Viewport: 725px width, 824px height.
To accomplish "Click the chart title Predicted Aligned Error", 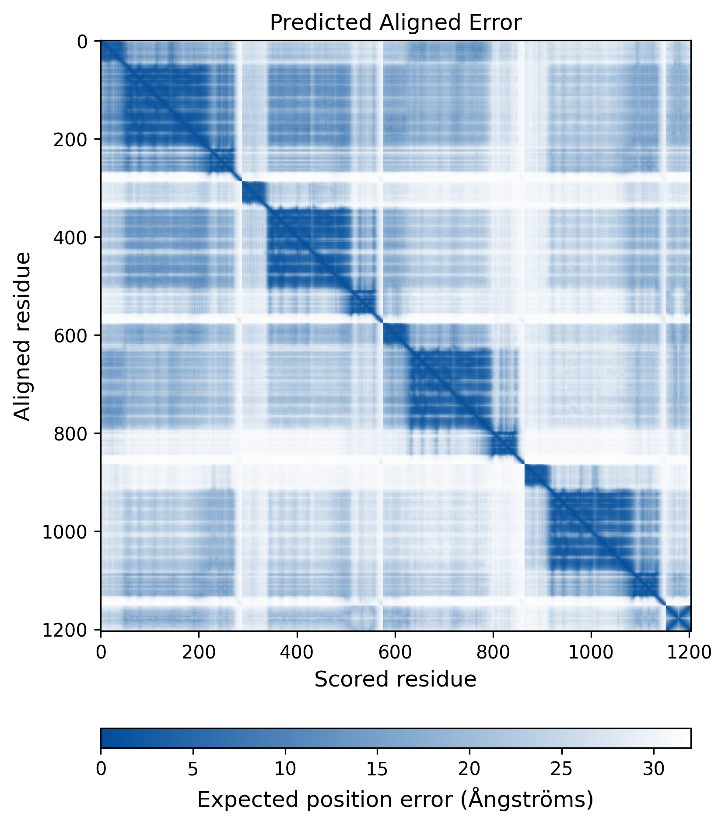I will (x=396, y=23).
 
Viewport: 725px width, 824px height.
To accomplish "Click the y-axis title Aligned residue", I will (x=22, y=336).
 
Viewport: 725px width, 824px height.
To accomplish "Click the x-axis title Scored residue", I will (x=395, y=680).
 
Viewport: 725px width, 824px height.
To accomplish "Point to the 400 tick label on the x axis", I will (x=297, y=652).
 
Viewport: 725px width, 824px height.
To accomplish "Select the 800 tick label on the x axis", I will (x=493, y=652).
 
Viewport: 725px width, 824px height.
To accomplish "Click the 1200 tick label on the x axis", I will (x=689, y=652).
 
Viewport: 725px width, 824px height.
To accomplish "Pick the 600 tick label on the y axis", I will (x=70, y=335).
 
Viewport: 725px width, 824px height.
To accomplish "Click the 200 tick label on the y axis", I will (x=70, y=139).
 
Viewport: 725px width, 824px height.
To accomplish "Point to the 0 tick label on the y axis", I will (x=82, y=42).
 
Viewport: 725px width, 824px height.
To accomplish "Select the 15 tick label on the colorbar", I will (x=377, y=769).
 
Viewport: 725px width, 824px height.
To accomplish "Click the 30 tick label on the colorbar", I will (x=654, y=769).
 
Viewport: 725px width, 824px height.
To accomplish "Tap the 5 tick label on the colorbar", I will (x=193, y=769).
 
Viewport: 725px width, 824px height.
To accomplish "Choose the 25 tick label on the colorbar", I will (x=562, y=769).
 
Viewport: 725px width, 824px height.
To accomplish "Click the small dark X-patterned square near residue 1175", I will (x=678, y=618).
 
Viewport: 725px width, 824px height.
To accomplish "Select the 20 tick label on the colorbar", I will (x=469, y=769).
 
